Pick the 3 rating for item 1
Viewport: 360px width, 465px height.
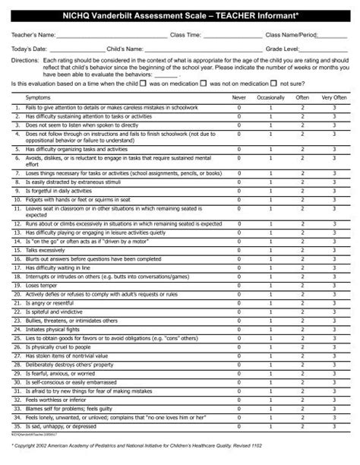coord(333,109)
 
